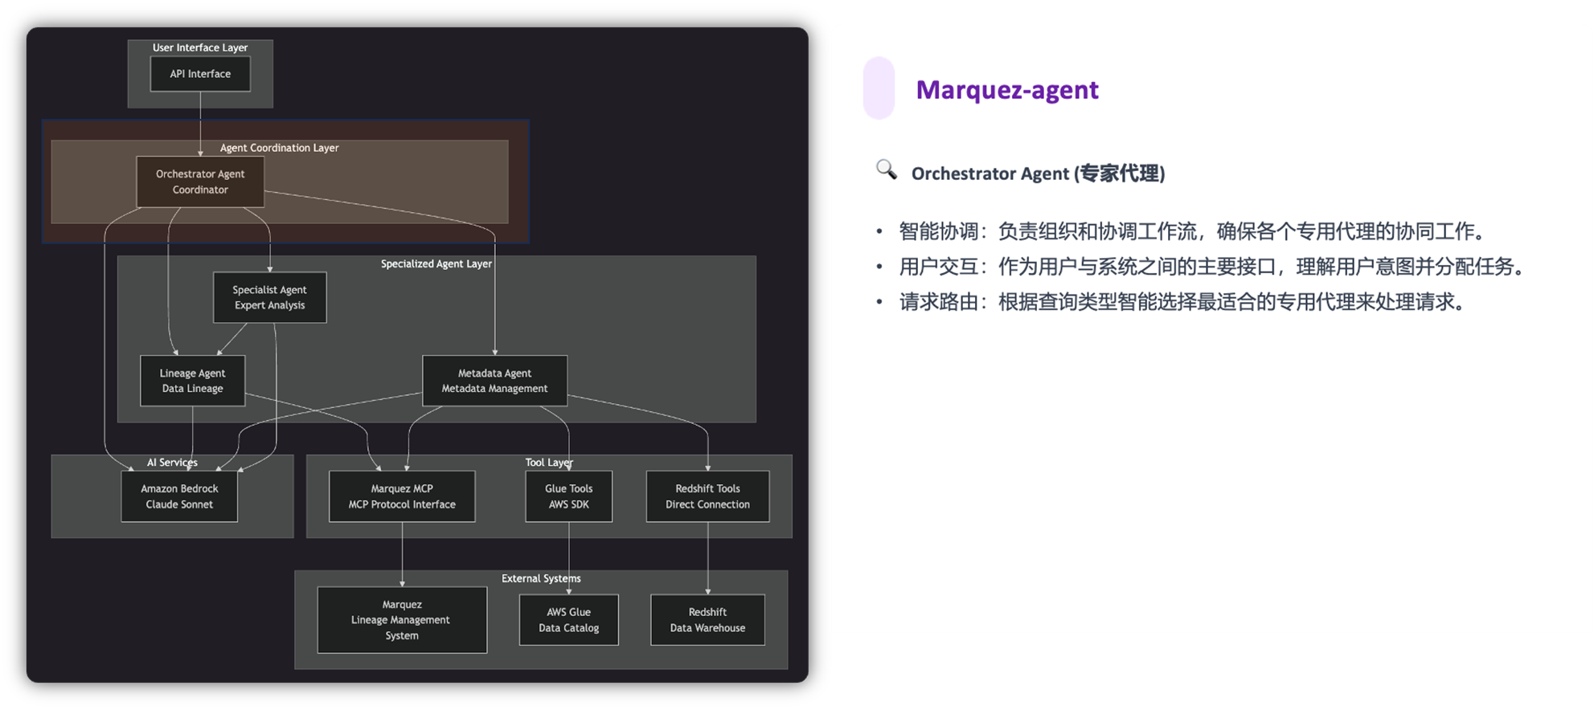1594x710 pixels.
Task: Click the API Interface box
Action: point(200,74)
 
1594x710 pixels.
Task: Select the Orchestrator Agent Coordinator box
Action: point(200,182)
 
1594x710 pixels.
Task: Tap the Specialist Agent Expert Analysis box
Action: point(269,297)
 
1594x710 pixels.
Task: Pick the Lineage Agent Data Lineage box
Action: point(192,381)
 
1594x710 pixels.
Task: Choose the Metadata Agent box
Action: point(494,381)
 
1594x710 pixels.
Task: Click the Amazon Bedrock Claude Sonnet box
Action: point(179,496)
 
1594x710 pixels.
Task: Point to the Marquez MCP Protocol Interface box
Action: point(402,496)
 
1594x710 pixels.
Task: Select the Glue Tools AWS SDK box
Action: point(568,496)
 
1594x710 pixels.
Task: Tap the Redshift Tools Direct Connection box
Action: point(707,496)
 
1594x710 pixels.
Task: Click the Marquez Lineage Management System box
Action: point(402,620)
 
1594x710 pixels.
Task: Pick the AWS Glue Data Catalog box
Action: point(568,620)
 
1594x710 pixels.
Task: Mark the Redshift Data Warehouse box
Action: point(707,620)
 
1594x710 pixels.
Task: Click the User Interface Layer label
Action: point(200,47)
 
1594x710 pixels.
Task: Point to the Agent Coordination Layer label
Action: point(279,148)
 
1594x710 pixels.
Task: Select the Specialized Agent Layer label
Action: point(436,263)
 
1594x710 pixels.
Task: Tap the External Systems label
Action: point(540,578)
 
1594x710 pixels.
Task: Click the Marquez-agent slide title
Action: point(1006,89)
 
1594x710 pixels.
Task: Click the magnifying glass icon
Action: point(886,169)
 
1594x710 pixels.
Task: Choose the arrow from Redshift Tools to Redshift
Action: point(708,558)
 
